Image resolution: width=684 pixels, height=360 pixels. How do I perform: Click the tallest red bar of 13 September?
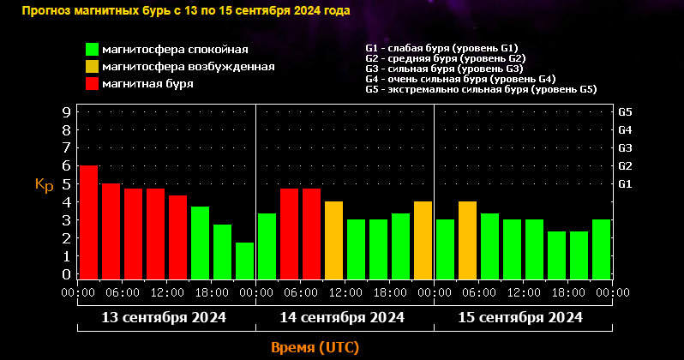(x=88, y=221)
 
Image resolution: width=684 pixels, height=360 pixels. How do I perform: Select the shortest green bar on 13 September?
(x=244, y=261)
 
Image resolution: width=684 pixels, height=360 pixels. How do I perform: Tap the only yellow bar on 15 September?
(x=467, y=240)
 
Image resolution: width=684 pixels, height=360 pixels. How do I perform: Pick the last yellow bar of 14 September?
(x=423, y=240)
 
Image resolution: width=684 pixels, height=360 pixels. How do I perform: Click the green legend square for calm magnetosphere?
(x=92, y=49)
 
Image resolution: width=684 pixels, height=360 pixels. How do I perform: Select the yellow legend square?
(x=92, y=66)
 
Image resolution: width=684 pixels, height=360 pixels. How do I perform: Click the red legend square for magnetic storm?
(x=92, y=83)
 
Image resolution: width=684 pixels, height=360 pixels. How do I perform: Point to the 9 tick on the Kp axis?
(x=66, y=111)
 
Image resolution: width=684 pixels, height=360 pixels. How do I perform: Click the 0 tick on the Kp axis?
(x=66, y=274)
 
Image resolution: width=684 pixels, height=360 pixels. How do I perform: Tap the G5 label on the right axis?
(x=625, y=112)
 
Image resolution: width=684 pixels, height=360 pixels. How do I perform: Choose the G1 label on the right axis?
(x=625, y=183)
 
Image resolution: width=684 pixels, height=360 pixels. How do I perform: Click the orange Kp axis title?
(x=44, y=184)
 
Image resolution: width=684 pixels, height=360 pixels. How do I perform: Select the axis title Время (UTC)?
(x=315, y=347)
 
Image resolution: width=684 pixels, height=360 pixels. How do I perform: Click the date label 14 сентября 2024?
(x=342, y=317)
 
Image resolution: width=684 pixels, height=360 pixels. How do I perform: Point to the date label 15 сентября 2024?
(x=520, y=317)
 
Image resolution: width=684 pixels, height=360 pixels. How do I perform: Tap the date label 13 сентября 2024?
(x=164, y=317)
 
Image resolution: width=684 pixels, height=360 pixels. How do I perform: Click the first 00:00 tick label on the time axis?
(x=78, y=293)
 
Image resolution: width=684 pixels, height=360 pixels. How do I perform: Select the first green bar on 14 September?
(x=267, y=246)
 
